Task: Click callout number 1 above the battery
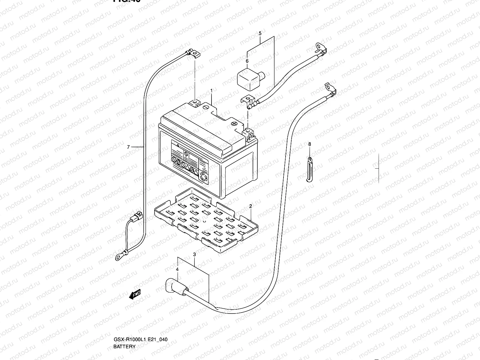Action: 211,90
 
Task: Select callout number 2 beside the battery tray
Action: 250,206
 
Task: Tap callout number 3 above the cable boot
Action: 194,254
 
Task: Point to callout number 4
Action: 177,270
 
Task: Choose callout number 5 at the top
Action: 260,33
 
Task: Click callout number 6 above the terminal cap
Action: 247,61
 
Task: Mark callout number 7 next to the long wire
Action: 128,147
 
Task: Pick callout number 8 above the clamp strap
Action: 310,144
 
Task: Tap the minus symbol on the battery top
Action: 206,107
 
